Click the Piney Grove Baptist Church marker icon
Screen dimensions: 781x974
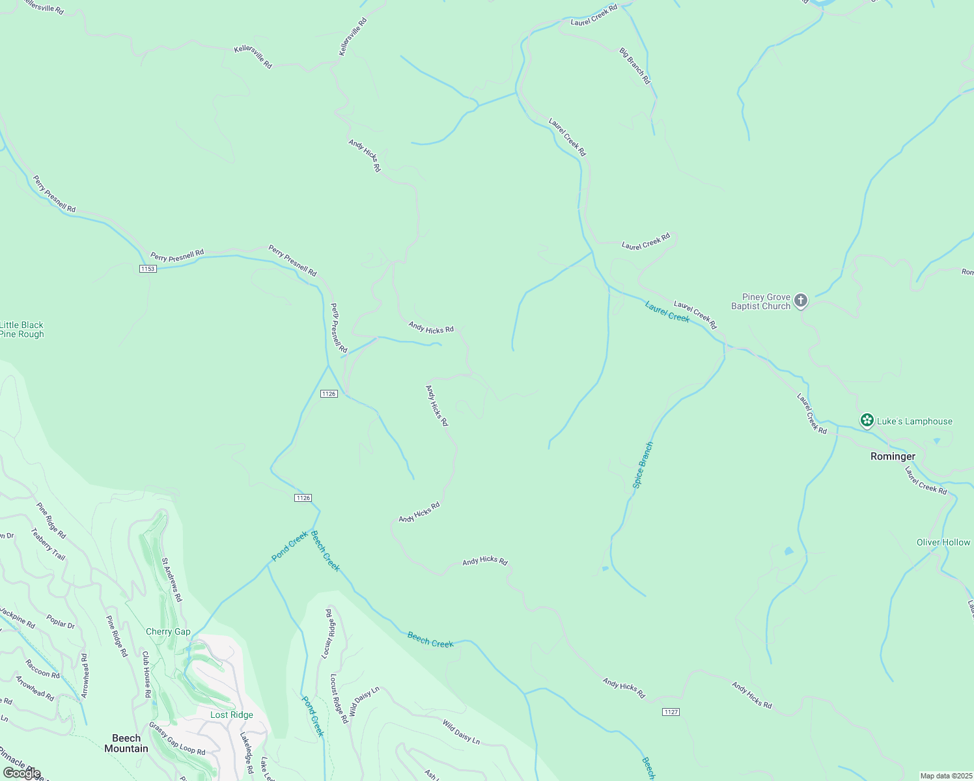tap(801, 301)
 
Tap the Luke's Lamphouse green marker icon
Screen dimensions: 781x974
tap(867, 420)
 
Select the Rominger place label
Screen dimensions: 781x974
tap(893, 456)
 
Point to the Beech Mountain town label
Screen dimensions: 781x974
tap(126, 743)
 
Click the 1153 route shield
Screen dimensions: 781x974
tap(148, 268)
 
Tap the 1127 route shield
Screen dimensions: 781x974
tap(671, 712)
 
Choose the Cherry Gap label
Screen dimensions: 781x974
tap(168, 631)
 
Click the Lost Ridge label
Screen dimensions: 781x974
tap(231, 715)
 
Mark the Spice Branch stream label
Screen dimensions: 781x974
tap(643, 465)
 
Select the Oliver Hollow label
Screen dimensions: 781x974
tap(943, 542)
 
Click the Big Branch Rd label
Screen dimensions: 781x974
tap(635, 66)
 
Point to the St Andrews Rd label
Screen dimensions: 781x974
tap(172, 579)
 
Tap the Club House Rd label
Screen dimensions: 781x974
tap(147, 675)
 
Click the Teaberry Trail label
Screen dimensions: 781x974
tap(48, 543)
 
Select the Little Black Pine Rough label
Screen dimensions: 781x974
tap(21, 329)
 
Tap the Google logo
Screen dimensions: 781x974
tap(22, 773)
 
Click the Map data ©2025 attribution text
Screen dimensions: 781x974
tap(945, 776)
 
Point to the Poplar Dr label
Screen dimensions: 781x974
tap(61, 622)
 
